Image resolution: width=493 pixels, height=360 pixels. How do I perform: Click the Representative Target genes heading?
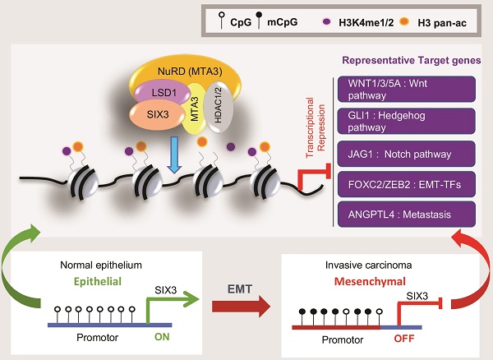pyautogui.click(x=412, y=59)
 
